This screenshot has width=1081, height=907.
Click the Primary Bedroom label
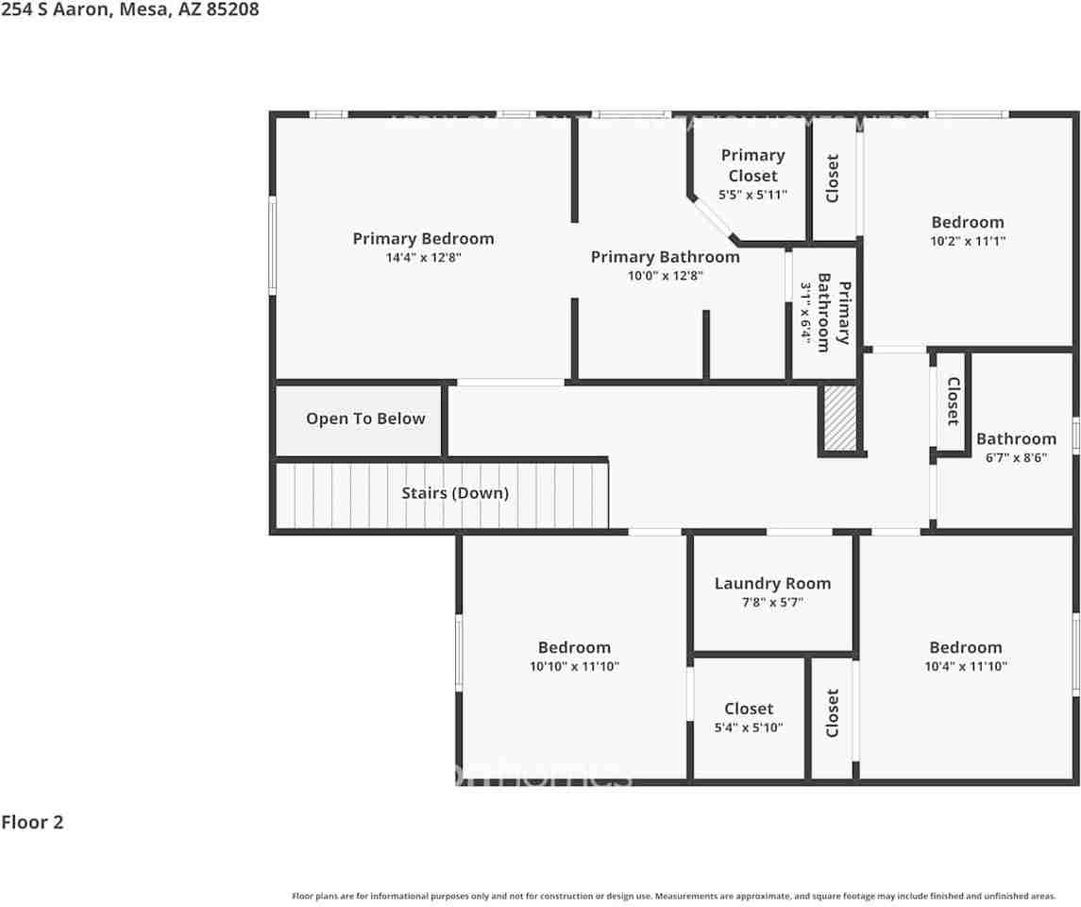pyautogui.click(x=423, y=239)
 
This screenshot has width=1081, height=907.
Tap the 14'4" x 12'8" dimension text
pyautogui.click(x=423, y=257)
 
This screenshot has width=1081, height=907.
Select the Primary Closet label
pyautogui.click(x=752, y=165)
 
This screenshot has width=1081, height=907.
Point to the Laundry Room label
pyautogui.click(x=772, y=584)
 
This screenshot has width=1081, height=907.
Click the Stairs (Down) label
pyautogui.click(x=455, y=493)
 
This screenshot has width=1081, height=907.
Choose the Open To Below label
pyautogui.click(x=365, y=419)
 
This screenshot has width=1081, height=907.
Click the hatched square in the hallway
pyautogui.click(x=838, y=419)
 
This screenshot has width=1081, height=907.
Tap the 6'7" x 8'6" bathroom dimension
pyautogui.click(x=1016, y=457)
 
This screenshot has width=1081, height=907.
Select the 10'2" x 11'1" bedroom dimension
pyautogui.click(x=968, y=241)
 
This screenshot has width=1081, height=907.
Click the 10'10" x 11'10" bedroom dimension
pyautogui.click(x=574, y=666)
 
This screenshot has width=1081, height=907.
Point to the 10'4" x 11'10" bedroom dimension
pyautogui.click(x=965, y=666)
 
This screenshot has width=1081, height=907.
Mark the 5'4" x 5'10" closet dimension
pyautogui.click(x=749, y=727)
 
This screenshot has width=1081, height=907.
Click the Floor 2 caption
pyautogui.click(x=32, y=822)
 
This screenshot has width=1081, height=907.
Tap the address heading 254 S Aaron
pyautogui.click(x=129, y=9)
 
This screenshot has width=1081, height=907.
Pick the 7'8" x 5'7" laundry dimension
pyautogui.click(x=772, y=602)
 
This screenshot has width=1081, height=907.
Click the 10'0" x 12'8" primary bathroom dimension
pyautogui.click(x=665, y=276)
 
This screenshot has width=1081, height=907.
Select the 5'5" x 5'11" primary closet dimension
pyautogui.click(x=752, y=195)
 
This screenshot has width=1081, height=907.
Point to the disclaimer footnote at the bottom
pyautogui.click(x=673, y=896)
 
